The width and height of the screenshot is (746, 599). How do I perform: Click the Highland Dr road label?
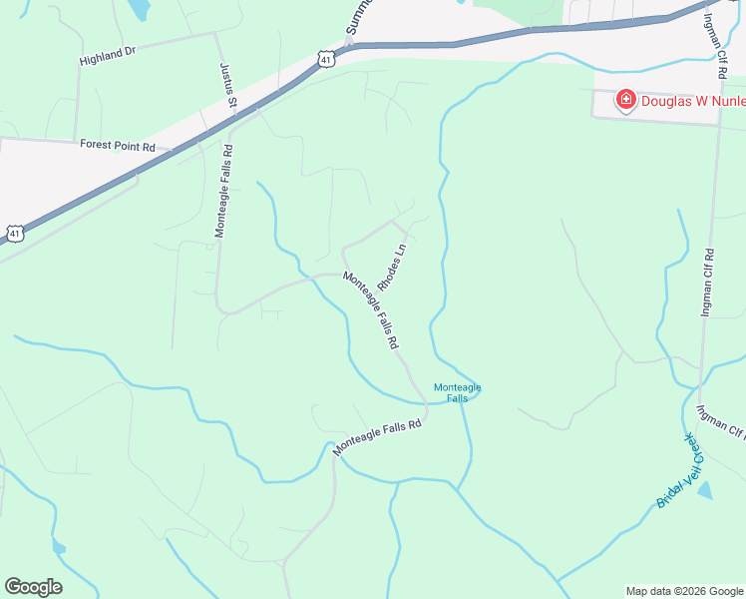tap(108, 51)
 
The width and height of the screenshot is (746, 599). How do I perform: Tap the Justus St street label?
tap(227, 85)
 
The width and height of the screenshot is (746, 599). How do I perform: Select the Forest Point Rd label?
tap(119, 146)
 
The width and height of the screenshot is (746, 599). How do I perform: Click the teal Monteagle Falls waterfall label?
tap(457, 392)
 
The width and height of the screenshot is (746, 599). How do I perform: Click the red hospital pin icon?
tap(625, 100)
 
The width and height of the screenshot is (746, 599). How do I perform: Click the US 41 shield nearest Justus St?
tap(327, 60)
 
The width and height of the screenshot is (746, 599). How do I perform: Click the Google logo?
tap(33, 587)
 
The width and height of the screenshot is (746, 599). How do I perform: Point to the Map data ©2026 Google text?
tap(684, 591)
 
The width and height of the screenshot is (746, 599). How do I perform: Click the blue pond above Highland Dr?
tap(140, 10)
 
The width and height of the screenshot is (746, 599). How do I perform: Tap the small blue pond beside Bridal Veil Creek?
tap(705, 490)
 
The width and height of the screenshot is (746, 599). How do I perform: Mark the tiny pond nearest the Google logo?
tap(59, 546)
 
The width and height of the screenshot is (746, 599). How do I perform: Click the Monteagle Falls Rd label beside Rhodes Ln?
tap(371, 310)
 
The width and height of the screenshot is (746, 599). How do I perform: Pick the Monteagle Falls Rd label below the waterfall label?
tap(378, 437)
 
